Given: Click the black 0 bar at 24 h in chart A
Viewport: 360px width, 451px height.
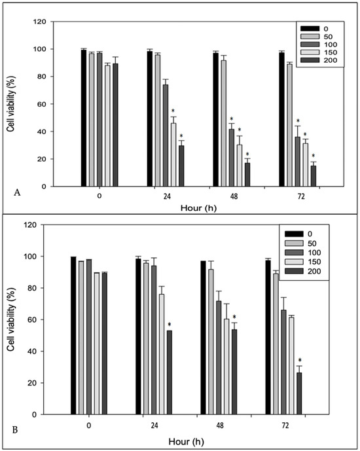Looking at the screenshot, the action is [150, 118].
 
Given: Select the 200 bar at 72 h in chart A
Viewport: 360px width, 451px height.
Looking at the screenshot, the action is [314, 176].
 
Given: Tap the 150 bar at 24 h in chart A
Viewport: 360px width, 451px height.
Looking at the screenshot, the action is [173, 154].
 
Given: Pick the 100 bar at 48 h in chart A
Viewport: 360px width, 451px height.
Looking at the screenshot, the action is [232, 158].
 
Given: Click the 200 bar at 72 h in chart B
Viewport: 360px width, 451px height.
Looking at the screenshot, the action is [299, 393].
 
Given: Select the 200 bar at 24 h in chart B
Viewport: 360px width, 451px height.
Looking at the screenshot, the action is [169, 372].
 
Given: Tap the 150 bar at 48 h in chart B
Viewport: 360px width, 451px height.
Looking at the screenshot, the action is [226, 367].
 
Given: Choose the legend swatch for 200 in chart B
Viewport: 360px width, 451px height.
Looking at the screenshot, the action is [294, 271].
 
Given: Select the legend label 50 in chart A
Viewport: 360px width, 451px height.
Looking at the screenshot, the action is [328, 37].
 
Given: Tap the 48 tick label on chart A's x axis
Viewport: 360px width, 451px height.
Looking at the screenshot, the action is [234, 196].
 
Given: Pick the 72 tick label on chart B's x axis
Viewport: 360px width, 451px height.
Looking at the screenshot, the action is [285, 425].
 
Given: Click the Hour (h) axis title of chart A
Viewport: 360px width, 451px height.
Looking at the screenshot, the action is [198, 207].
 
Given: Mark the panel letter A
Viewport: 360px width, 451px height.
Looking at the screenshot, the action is [17, 192].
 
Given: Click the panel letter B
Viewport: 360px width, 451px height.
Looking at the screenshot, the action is [15, 430].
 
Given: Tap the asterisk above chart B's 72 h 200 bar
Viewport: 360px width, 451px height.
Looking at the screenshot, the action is [300, 360].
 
